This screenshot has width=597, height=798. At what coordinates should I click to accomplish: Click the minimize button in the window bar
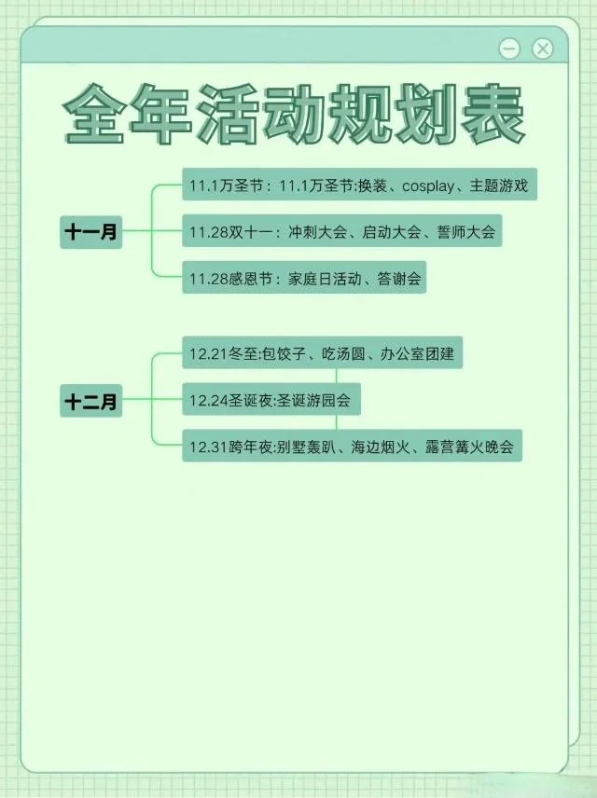click(x=509, y=48)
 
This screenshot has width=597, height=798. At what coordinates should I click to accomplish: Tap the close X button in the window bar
click(x=543, y=48)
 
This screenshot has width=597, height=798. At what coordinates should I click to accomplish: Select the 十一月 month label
click(x=91, y=232)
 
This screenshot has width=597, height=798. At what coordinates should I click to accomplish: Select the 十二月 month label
click(x=91, y=403)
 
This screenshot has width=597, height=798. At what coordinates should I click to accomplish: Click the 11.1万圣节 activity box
click(x=359, y=186)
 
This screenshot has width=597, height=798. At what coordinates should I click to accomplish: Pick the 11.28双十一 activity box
click(x=341, y=232)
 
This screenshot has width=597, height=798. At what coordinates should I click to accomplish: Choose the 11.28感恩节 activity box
click(x=304, y=278)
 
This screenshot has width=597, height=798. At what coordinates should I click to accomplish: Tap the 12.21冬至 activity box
click(x=322, y=355)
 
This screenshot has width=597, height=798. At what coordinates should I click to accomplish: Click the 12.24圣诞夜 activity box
click(x=271, y=401)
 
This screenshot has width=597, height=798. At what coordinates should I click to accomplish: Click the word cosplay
click(x=429, y=186)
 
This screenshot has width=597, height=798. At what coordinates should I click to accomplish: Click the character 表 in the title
click(x=493, y=117)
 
